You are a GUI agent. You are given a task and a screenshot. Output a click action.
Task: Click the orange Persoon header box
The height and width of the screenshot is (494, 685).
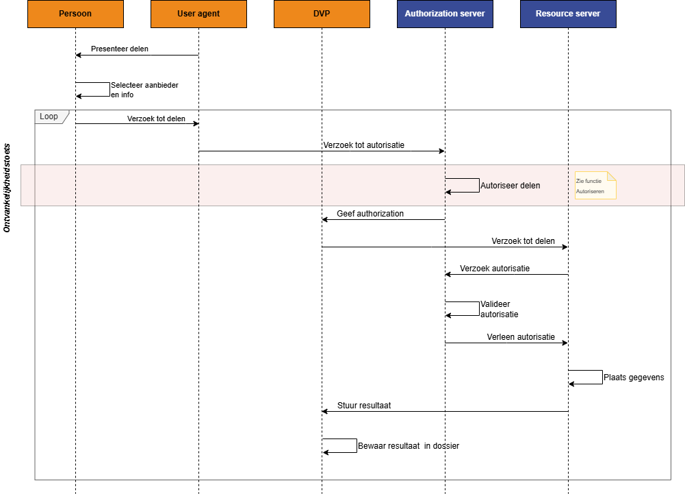[75, 14]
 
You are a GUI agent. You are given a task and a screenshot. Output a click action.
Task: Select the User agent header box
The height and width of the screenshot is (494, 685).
[198, 14]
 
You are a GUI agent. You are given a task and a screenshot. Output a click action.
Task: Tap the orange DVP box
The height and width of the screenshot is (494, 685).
[322, 14]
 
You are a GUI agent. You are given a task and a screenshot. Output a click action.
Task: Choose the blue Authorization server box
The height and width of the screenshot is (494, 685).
[445, 14]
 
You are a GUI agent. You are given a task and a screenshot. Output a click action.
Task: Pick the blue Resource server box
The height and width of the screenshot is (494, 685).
[568, 14]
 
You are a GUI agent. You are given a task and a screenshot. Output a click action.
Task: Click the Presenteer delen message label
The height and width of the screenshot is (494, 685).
[120, 49]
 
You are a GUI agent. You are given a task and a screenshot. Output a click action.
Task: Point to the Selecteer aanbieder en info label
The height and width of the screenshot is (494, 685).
[144, 90]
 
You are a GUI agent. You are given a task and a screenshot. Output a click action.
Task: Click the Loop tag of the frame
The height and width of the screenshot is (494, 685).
[50, 116]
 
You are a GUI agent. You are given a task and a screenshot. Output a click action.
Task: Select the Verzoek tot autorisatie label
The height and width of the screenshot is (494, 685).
[363, 145]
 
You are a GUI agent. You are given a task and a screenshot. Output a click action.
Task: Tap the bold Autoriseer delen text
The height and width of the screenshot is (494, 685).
[510, 186]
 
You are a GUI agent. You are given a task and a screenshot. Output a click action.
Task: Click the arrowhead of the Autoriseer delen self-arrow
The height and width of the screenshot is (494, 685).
[448, 192]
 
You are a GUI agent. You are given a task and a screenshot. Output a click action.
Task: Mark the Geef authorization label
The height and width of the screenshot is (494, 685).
[370, 214]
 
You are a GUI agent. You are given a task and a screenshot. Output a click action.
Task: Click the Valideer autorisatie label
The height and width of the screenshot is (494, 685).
[499, 309]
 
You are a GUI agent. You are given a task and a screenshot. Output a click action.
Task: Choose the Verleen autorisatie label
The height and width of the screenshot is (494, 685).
[521, 337]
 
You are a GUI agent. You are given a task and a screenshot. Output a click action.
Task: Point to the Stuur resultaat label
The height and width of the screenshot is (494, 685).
[364, 406]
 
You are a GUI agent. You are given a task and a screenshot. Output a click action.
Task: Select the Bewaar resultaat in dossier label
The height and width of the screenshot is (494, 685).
[409, 446]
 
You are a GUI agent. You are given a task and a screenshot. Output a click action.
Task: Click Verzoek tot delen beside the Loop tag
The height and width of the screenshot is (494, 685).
[156, 119]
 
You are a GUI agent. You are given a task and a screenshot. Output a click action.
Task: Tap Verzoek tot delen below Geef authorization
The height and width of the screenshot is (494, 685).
[523, 241]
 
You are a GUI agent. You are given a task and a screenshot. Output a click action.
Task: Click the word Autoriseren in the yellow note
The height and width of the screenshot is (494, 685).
[590, 192]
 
